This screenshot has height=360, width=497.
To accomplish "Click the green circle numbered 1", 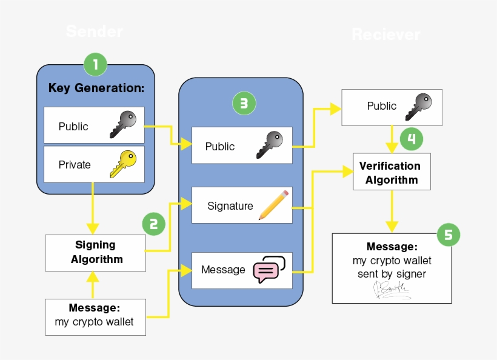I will coord(95,64).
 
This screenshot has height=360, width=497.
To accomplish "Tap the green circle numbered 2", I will coord(153,224).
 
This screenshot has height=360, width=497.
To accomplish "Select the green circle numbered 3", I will coord(244,104).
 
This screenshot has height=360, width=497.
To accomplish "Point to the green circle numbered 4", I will coord(411,139).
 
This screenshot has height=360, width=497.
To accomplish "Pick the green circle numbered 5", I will coord(449,235).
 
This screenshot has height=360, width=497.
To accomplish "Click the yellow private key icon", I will coord(124,164).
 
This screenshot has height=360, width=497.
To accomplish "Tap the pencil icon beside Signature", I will coord(273,205).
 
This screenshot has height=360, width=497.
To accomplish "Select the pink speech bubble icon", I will coord(269,270).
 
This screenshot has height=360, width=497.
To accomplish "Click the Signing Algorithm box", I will coord(95,252).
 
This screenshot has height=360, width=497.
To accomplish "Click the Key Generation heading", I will coord(96,88).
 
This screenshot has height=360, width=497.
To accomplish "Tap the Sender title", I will coord(95,32).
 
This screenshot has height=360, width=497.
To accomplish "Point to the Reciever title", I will coord(385,35).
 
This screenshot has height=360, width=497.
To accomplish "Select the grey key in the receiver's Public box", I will coord(419,106).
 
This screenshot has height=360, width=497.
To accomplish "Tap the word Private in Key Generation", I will coord(75,165).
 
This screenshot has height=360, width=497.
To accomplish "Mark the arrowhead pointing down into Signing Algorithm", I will coord(92,228).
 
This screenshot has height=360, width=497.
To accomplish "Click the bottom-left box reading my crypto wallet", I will coord(96,316).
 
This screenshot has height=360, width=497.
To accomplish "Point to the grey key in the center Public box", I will coord(270,145).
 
